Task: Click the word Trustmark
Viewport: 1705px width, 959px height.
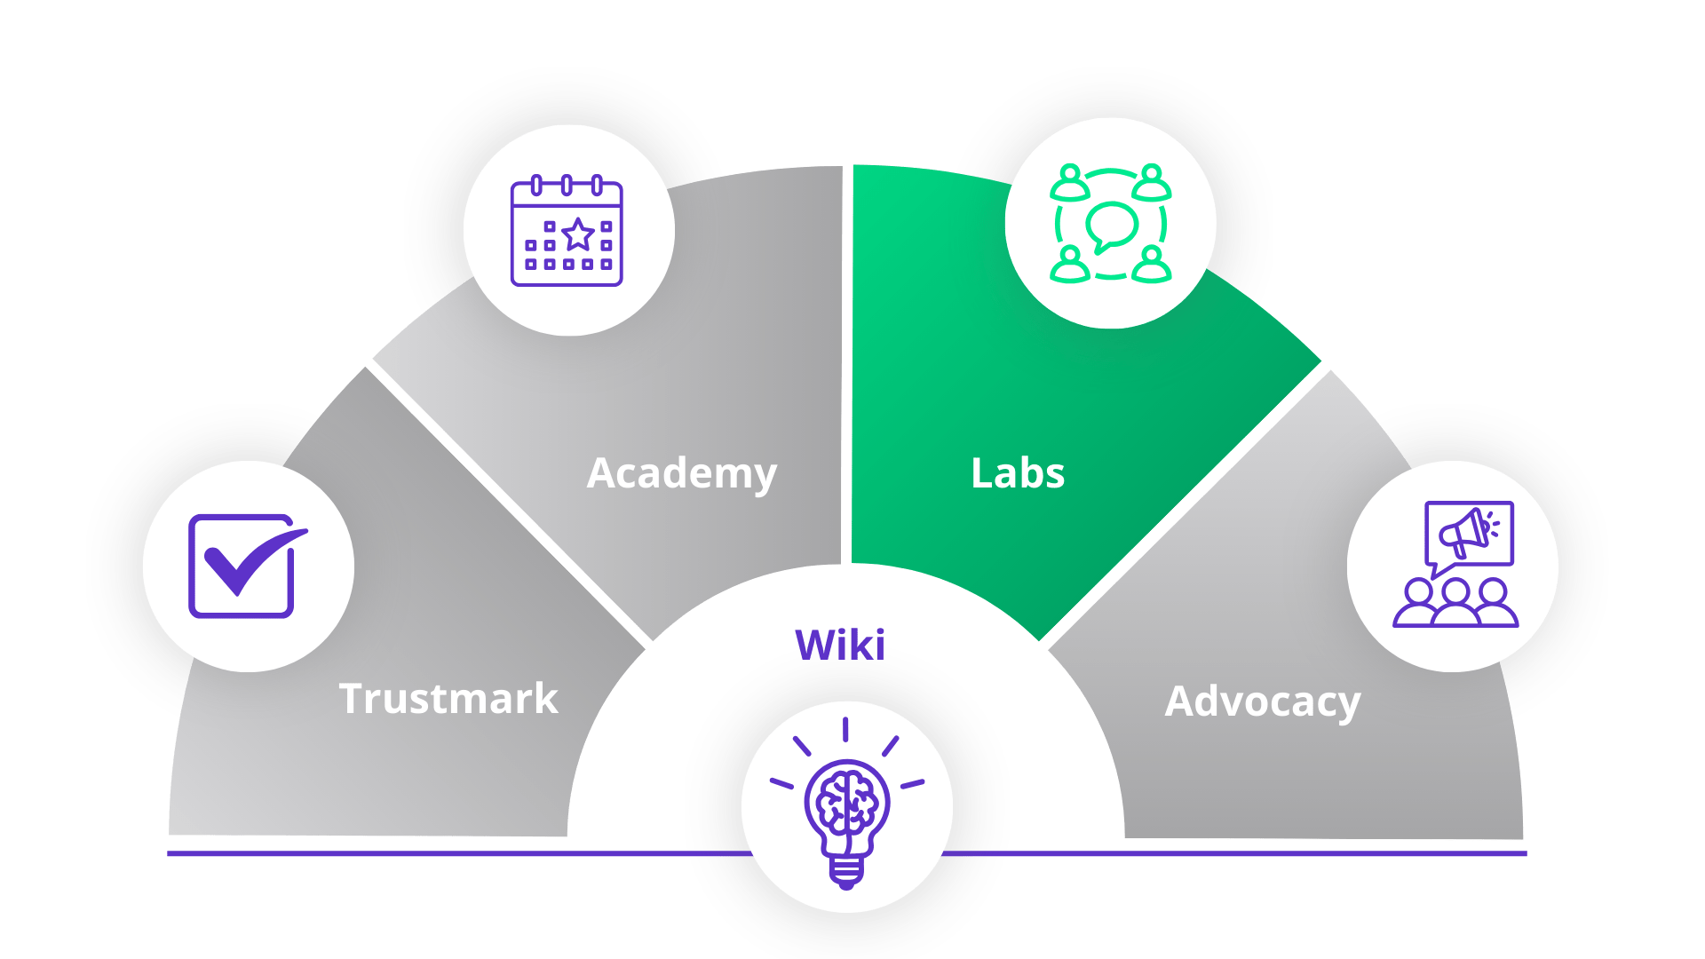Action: click(448, 699)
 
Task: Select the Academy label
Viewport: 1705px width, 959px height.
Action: click(682, 474)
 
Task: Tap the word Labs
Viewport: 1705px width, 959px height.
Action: click(1018, 473)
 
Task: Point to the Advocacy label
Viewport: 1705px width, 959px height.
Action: click(1263, 702)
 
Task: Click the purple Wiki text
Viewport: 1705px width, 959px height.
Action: click(840, 645)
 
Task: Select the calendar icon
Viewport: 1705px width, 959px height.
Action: click(567, 231)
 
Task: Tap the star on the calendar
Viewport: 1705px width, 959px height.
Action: click(578, 234)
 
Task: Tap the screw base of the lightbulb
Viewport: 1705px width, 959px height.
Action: click(846, 872)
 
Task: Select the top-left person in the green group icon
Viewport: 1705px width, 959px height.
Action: click(1070, 182)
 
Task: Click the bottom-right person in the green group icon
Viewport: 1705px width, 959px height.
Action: click(1152, 265)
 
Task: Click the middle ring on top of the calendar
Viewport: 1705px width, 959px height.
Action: click(567, 186)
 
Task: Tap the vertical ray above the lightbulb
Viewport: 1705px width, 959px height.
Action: click(845, 729)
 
